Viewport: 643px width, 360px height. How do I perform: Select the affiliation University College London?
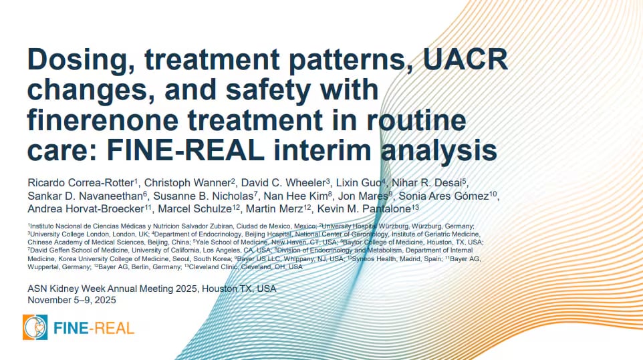[x=63, y=234]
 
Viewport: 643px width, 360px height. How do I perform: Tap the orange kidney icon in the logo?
[x=35, y=327]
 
